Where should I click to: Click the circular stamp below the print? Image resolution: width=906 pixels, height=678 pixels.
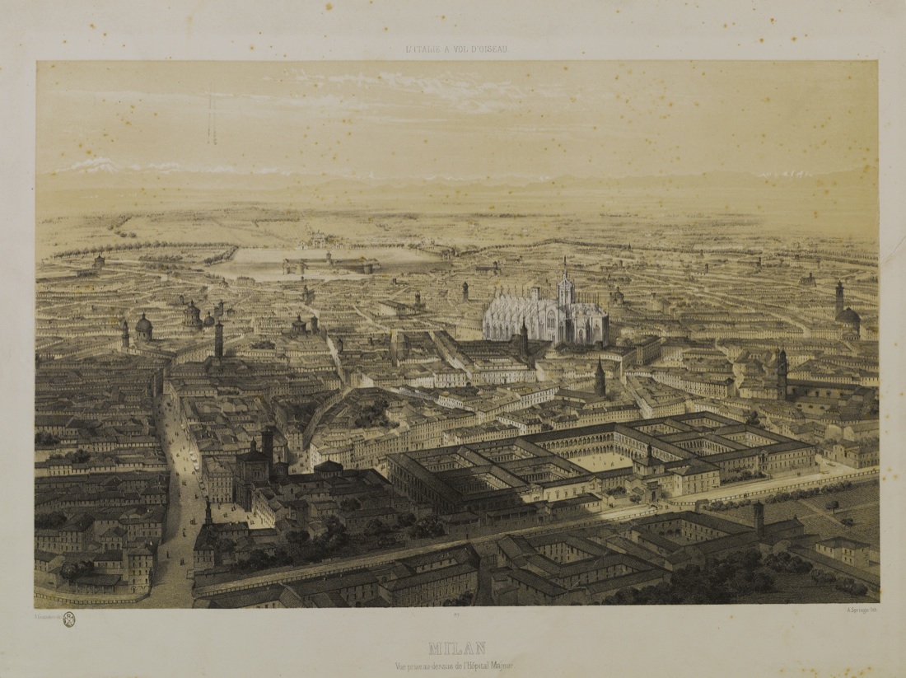[x=69, y=620]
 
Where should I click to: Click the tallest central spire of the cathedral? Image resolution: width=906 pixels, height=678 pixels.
[x=565, y=280]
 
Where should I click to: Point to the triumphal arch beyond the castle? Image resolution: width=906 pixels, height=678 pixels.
[x=315, y=241]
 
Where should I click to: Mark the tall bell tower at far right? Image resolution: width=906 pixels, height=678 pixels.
[x=839, y=301]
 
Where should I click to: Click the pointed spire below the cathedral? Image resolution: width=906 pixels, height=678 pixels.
[x=600, y=377]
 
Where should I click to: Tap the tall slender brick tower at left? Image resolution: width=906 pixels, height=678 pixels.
[x=219, y=338]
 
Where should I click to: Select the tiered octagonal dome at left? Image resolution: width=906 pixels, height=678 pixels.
[x=193, y=314]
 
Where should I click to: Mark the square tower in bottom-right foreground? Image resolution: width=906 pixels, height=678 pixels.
[x=759, y=520]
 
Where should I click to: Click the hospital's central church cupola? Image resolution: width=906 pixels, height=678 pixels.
[x=650, y=456]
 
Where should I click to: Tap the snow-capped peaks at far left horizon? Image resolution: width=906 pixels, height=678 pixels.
[x=91, y=165]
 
